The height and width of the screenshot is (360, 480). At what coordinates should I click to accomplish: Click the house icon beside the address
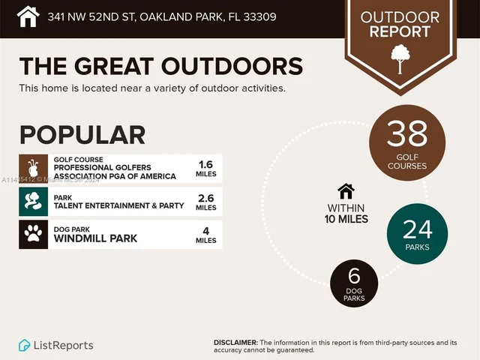[28, 16]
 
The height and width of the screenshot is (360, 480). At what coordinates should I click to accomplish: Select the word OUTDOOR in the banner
[400, 17]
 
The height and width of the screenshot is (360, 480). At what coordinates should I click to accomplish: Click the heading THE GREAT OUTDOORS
[160, 65]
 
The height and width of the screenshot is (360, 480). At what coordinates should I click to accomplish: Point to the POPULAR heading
[82, 135]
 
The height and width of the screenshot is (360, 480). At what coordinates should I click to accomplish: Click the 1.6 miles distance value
[205, 169]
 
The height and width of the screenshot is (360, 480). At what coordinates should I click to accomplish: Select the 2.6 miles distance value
[205, 202]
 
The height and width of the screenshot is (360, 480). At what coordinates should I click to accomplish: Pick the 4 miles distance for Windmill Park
[205, 235]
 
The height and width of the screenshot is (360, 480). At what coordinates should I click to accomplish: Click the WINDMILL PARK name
[95, 238]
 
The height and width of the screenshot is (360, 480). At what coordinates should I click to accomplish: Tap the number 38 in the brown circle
[407, 134]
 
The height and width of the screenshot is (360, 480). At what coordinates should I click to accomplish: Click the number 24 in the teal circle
[417, 228]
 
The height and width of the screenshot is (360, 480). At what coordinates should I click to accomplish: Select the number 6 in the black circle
[354, 277]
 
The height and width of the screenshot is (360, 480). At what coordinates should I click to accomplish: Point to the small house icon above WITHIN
[346, 190]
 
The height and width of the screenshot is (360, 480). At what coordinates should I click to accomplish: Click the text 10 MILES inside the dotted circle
[346, 219]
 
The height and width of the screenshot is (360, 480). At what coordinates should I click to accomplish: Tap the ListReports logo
[56, 345]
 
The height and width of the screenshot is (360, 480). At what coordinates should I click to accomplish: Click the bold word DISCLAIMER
[235, 342]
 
